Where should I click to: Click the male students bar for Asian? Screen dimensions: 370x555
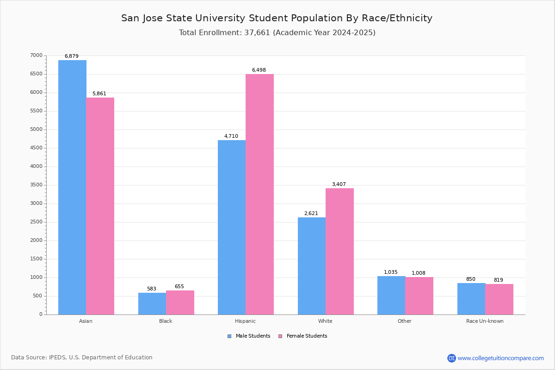point(72,187)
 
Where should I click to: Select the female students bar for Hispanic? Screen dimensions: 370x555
point(259,194)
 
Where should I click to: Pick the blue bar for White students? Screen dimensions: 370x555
point(311,266)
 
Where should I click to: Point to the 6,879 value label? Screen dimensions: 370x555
point(72,56)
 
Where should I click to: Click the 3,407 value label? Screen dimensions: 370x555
point(339,185)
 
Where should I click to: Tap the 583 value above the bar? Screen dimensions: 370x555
point(152,289)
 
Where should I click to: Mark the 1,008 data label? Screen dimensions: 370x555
point(419,273)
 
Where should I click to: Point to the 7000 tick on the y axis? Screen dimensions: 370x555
point(37,55)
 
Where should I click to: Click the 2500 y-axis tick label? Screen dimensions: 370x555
point(37,222)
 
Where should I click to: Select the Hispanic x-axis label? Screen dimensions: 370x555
point(245,321)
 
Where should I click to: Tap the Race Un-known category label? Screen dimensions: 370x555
point(485,321)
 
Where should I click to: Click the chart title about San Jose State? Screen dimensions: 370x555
point(277,18)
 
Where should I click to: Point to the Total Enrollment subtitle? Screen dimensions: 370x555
point(277,33)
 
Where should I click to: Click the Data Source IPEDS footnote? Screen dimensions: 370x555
point(82,358)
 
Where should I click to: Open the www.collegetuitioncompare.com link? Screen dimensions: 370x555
point(500,358)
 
